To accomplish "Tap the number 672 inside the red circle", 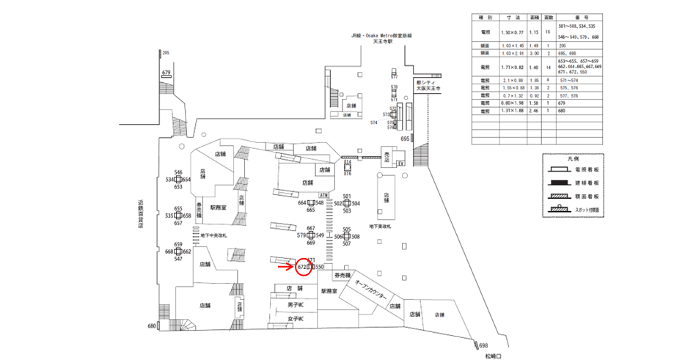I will point(301,267).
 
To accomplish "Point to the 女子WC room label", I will point(296,318).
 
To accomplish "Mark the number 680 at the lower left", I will point(152,326).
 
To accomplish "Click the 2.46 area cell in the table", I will point(533,111).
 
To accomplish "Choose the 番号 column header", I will point(595,16).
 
